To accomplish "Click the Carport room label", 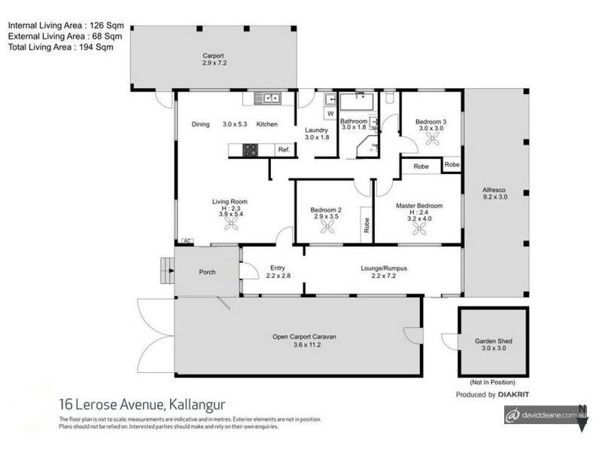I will pos(214,56).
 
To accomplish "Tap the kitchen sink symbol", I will pos(267,97).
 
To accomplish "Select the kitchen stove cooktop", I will pos(248,150).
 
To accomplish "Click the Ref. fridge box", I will pos(284,150).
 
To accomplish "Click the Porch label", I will pos(208,272).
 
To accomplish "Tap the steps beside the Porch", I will pos(166,270).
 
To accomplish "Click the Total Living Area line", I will pos(60,47).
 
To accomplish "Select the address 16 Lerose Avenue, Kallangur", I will pos(141,405).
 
